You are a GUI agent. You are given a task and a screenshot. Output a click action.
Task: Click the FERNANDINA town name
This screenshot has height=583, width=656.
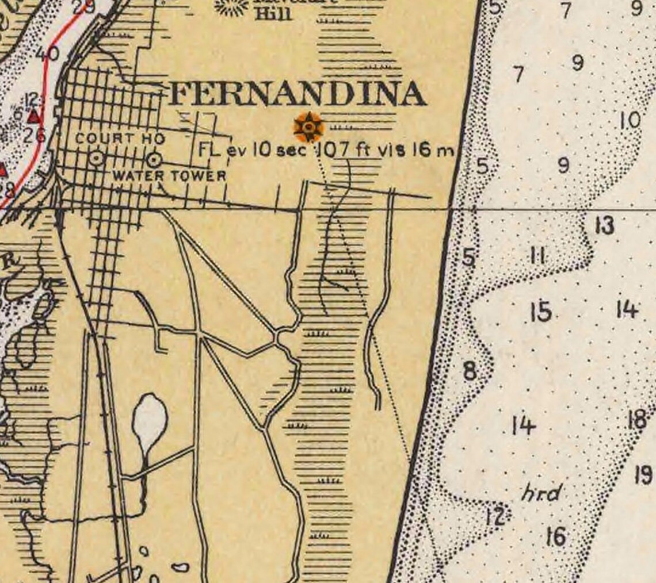click(297, 94)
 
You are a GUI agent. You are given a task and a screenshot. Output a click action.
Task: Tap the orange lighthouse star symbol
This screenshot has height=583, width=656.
click(309, 126)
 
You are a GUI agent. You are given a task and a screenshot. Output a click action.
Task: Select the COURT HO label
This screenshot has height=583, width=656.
click(120, 139)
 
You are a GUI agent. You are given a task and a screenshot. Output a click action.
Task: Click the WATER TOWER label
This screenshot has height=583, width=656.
click(169, 175)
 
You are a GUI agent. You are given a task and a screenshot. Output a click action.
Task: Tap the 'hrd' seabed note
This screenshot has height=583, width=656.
click(541, 493)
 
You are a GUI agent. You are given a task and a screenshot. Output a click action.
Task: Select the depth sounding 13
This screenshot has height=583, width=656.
click(604, 225)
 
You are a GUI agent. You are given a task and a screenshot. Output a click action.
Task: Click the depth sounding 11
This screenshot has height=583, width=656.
click(537, 256)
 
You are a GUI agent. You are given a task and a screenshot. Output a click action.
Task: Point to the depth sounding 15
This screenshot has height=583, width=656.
click(540, 312)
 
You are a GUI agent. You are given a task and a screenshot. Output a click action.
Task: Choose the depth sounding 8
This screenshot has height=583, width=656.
click(470, 371)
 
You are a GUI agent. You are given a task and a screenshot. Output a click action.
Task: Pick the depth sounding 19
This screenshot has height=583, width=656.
click(643, 475)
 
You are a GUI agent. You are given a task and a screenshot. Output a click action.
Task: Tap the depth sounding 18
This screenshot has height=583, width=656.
click(637, 420)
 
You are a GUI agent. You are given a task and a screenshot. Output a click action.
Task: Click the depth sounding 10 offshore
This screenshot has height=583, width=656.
click(630, 121)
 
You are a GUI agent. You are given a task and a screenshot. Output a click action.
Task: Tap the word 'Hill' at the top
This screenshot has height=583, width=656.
click(274, 14)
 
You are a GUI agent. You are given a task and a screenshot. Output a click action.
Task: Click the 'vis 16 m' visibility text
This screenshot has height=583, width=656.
click(416, 151)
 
